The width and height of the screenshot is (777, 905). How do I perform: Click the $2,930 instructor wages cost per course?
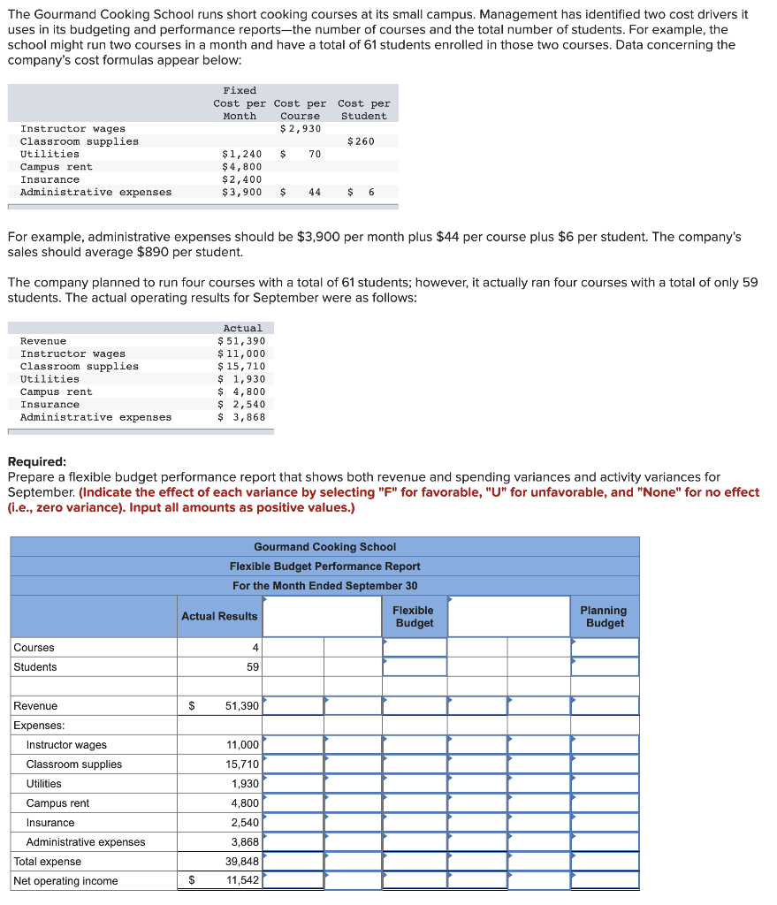click(301, 129)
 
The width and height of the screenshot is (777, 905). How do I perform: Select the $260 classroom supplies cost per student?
click(361, 141)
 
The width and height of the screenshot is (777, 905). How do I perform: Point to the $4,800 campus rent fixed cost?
click(241, 167)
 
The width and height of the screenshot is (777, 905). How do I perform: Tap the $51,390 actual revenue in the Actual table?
click(241, 341)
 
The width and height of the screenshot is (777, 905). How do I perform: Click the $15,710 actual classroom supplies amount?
click(241, 367)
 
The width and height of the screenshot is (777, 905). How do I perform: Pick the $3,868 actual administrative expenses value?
click(241, 417)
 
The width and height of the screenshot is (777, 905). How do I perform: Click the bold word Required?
click(36, 462)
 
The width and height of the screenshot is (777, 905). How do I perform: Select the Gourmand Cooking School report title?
click(324, 547)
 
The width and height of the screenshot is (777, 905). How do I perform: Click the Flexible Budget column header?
click(414, 617)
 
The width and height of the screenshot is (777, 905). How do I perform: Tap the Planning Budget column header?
click(605, 617)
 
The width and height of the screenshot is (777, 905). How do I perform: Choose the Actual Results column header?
click(219, 617)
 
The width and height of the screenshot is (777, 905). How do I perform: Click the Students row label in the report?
click(35, 667)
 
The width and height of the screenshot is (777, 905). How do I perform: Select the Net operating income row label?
click(65, 881)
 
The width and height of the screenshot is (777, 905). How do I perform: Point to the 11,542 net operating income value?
click(242, 881)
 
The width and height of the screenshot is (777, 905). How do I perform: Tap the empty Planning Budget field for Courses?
click(605, 648)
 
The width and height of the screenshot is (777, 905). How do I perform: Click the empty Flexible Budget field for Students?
click(415, 667)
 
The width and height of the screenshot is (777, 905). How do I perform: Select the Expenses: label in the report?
click(39, 726)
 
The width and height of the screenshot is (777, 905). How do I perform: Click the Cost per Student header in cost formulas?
click(363, 110)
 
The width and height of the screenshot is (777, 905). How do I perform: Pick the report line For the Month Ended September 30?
click(324, 586)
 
